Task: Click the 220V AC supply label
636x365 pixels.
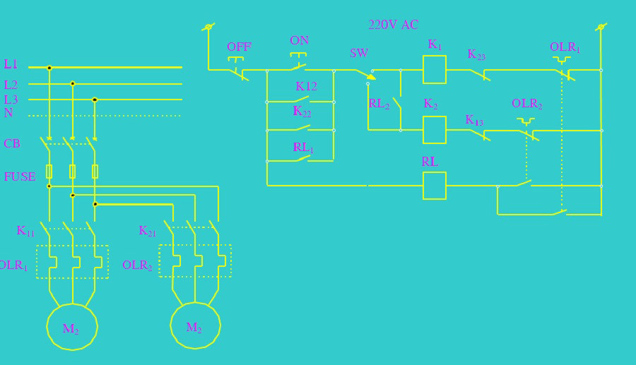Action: point(393,25)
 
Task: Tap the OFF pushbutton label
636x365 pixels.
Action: point(239,47)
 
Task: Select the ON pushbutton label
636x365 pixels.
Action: point(300,40)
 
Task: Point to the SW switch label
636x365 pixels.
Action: point(359,53)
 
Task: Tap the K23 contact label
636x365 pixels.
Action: point(476,54)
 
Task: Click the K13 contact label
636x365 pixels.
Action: point(474,120)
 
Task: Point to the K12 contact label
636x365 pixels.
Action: point(306,86)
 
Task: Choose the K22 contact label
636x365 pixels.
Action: point(302,112)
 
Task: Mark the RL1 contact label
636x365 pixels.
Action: point(303,148)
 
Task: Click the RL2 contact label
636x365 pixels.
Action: point(379,104)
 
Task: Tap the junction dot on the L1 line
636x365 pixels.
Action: point(49,68)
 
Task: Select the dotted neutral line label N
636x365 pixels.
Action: point(8,113)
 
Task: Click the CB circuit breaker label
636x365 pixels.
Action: point(12,143)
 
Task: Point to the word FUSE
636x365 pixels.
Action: point(20,176)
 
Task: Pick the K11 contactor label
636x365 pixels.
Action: point(25,231)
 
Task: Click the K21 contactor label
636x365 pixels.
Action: point(147,231)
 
